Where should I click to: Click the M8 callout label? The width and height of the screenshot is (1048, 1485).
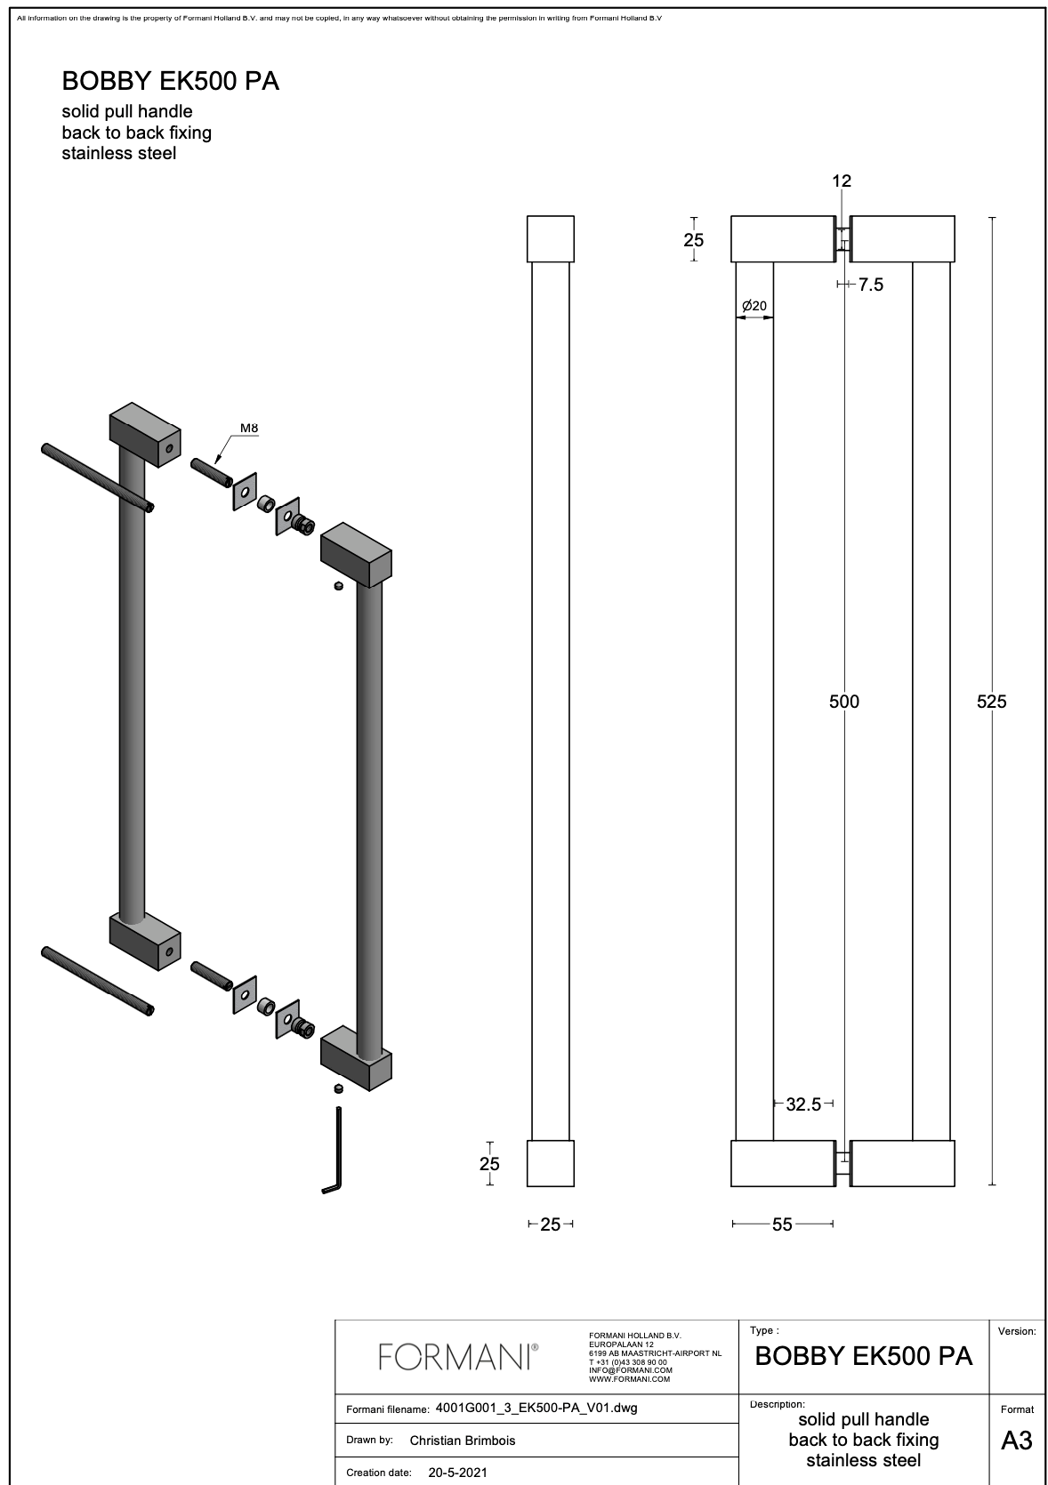tap(249, 429)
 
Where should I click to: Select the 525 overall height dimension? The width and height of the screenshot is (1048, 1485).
tap(991, 702)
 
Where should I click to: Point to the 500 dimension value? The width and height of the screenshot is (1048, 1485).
tap(843, 702)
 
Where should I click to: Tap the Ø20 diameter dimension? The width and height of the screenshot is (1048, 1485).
tap(754, 306)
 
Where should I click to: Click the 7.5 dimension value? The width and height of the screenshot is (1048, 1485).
tap(871, 285)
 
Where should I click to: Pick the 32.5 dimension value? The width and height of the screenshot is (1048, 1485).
tap(803, 1104)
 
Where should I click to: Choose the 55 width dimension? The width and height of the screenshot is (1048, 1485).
tap(782, 1224)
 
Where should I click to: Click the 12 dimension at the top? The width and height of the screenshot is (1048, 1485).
tap(841, 181)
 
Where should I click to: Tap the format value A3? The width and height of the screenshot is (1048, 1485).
tap(1016, 1441)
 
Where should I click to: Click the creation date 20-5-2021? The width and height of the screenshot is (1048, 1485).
tap(457, 1473)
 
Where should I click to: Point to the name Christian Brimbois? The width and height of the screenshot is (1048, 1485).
tap(463, 1441)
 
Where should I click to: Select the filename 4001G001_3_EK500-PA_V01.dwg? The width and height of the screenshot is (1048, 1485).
tap(536, 1409)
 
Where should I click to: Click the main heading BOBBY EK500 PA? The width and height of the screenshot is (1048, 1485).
tap(171, 82)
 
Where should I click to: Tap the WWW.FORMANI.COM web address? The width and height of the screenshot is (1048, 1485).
tap(630, 1379)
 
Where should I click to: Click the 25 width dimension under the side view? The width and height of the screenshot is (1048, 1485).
tap(551, 1224)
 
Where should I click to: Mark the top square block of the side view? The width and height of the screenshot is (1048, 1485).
tap(551, 238)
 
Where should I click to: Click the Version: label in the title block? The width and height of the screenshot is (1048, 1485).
tap(1016, 1331)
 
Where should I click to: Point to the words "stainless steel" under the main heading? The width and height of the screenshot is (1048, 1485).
tap(119, 153)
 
